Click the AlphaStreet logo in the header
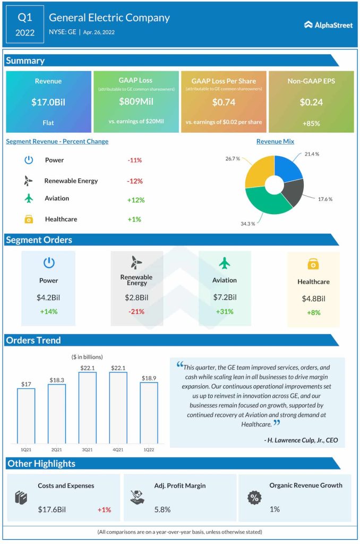328,24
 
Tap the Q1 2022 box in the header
25,24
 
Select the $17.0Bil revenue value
48,102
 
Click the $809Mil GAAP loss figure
135,101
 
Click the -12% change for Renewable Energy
135,181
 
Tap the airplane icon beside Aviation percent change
29,198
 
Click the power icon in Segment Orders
48,262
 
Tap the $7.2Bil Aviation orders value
224,297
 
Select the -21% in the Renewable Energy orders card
136,311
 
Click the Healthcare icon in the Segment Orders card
313,264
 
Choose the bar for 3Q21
87,408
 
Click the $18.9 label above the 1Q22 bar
149,378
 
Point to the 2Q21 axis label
56,449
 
